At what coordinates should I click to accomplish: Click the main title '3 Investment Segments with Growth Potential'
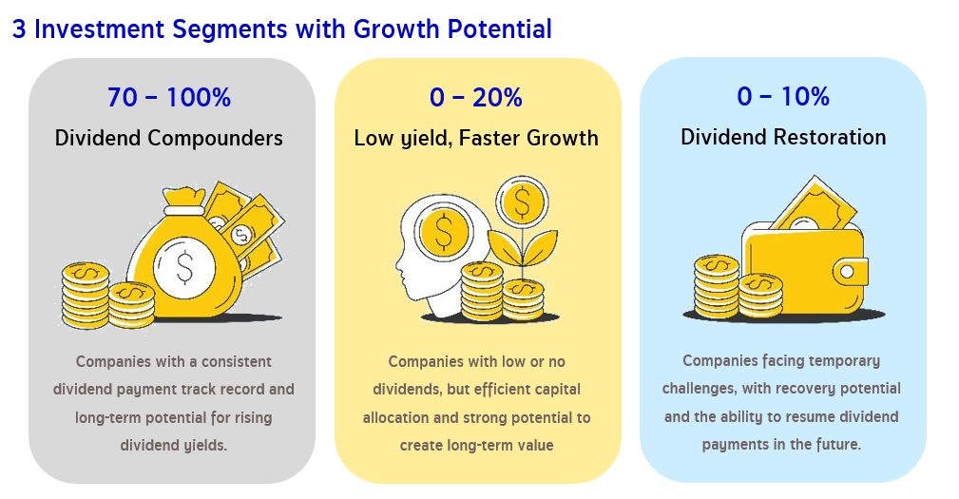pos(282,29)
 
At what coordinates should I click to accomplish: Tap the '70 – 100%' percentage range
pos(169,97)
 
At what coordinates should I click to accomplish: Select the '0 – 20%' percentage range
pos(476,97)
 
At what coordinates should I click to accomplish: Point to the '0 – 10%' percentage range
pos(783,96)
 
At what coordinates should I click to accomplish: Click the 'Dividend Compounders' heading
pos(169,138)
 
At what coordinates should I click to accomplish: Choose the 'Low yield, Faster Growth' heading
pos(476,138)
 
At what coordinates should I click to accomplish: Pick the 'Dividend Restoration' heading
pos(783,137)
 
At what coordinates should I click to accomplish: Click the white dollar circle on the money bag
pos(184,267)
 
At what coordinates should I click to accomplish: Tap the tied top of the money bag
pos(182,200)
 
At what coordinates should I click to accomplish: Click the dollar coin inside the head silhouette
pos(444,233)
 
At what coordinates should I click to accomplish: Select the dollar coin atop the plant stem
pos(523,202)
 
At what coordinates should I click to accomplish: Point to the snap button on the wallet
pos(847,271)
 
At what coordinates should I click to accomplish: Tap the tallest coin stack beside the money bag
pos(86,296)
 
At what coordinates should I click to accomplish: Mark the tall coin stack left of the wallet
pos(717,285)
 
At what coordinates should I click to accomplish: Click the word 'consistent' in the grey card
pos(236,362)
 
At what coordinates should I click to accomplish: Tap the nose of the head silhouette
pos(398,265)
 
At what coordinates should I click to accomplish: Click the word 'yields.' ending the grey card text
pos(203,446)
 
